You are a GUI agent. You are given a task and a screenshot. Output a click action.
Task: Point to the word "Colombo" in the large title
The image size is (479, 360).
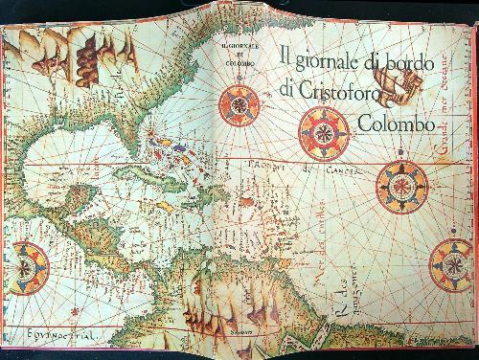tap(390, 124)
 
